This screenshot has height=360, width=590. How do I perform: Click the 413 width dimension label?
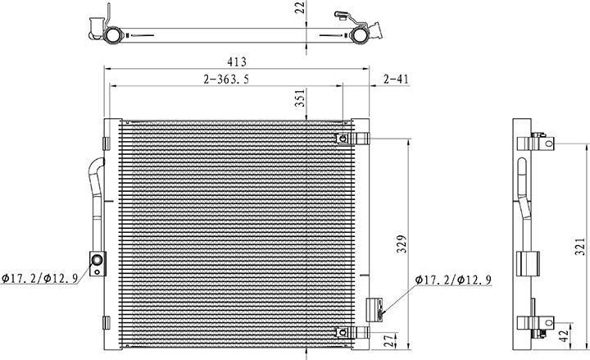[x=236, y=62]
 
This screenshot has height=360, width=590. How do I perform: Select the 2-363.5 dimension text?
[x=226, y=79]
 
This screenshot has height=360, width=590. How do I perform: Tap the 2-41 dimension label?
[x=396, y=79]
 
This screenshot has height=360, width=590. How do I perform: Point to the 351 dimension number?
[x=301, y=98]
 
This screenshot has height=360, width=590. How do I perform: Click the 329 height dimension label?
[x=402, y=244]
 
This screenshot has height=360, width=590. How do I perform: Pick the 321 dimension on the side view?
[x=581, y=247]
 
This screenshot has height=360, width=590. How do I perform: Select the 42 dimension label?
[x=563, y=336]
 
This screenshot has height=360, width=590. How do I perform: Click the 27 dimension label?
[x=392, y=340]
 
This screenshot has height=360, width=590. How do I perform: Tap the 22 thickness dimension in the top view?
[x=300, y=7]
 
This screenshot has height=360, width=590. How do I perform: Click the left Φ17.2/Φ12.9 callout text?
[x=39, y=278]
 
